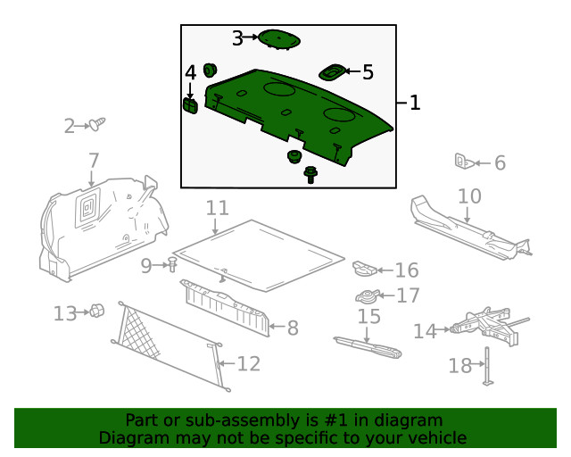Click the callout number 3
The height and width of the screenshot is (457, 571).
pos(237,37)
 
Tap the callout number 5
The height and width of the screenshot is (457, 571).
pos(368,71)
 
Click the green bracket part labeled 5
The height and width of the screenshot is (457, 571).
pos(334,71)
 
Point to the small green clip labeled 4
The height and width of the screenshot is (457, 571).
pos(190,105)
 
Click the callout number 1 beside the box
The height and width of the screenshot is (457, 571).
pos(414,104)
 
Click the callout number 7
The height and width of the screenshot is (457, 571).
pos(94,161)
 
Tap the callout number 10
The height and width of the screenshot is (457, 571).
pos(469,195)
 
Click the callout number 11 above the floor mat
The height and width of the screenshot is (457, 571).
pos(218,208)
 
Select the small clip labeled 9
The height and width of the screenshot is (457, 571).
pos(171,264)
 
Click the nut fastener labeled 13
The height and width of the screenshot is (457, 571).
pos(97,312)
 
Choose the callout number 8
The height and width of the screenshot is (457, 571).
pos(292,328)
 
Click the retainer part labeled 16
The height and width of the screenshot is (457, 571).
pos(366,268)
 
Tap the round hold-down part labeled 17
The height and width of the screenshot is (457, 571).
pos(367,296)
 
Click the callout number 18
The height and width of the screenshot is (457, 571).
pos(459,366)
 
